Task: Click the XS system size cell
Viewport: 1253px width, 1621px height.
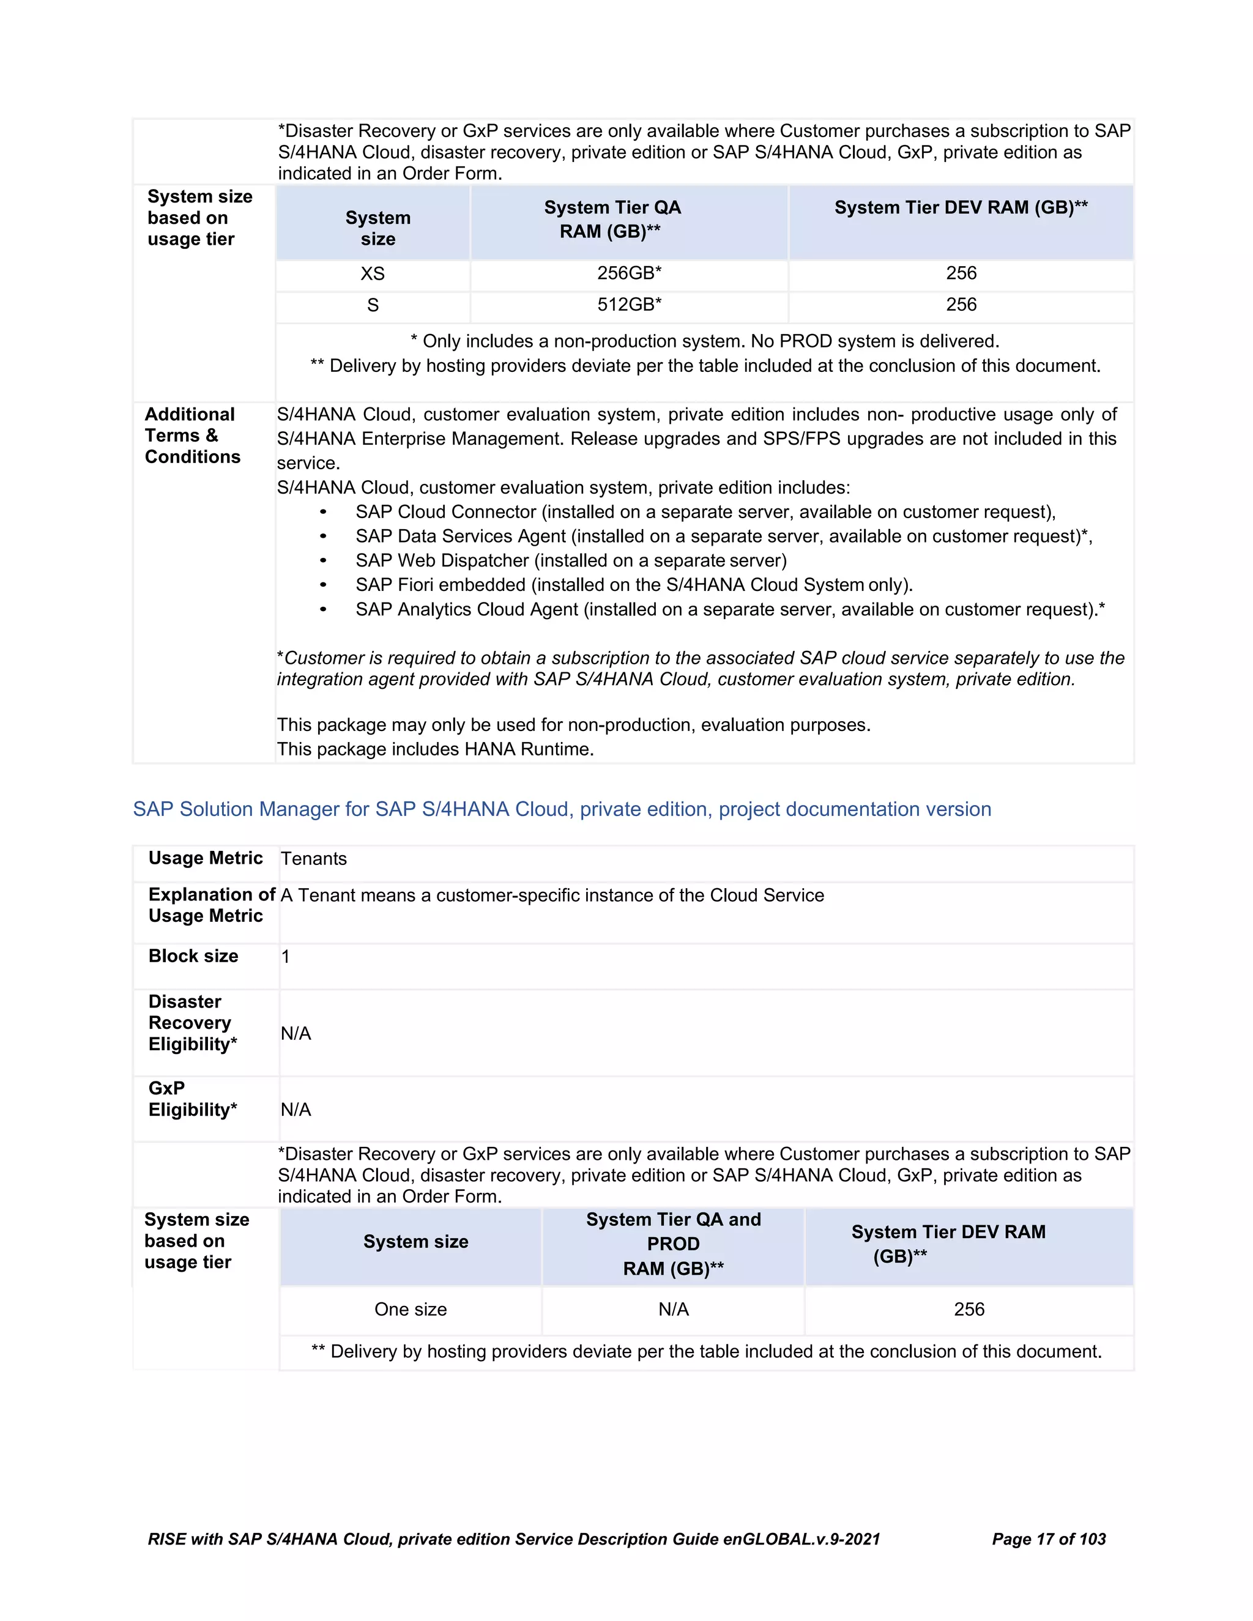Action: (x=373, y=274)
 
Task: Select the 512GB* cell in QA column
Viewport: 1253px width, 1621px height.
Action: (x=629, y=305)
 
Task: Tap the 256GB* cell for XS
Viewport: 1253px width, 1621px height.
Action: (x=629, y=273)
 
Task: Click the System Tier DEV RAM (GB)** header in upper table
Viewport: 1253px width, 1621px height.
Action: (x=961, y=208)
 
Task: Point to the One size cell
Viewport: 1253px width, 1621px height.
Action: (x=411, y=1309)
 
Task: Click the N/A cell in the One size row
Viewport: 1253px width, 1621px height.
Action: (x=673, y=1309)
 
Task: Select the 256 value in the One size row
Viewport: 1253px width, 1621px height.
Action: (x=969, y=1309)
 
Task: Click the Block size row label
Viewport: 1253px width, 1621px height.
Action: (x=193, y=956)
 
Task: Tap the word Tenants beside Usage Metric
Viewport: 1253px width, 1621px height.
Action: (x=313, y=859)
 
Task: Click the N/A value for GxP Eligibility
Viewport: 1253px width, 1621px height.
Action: (x=296, y=1110)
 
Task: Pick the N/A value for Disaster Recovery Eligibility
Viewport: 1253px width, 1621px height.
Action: (x=296, y=1033)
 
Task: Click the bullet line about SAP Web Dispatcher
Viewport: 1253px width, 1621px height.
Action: (x=570, y=560)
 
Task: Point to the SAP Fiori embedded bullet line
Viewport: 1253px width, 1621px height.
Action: (x=633, y=585)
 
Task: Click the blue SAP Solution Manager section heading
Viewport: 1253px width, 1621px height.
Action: (x=562, y=809)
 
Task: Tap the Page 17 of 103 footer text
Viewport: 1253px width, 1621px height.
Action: (x=1048, y=1538)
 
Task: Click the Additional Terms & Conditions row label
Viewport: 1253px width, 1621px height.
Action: (x=192, y=436)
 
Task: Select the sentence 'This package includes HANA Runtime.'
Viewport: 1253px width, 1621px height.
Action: (x=435, y=749)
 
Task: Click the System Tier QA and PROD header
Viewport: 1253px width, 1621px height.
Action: (x=673, y=1244)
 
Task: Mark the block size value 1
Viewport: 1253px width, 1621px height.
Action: (x=286, y=957)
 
